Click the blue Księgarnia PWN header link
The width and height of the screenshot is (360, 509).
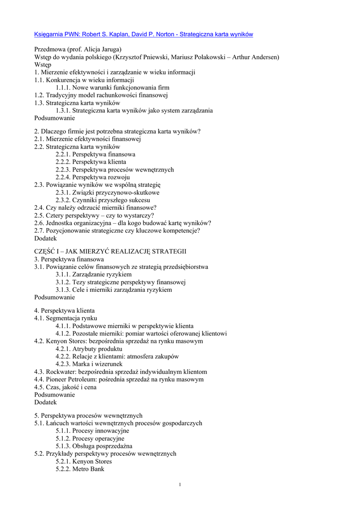144,34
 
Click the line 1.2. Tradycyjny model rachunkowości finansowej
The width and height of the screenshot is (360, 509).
101,95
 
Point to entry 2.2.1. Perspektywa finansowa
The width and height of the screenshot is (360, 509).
95,154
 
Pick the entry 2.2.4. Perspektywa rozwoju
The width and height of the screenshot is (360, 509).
93,177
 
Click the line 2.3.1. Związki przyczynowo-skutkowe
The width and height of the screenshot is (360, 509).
107,192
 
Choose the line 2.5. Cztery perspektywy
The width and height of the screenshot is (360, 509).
94,215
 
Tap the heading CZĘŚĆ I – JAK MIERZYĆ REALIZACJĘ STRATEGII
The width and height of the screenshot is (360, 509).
110,252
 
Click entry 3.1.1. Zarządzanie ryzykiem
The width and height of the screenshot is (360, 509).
93,274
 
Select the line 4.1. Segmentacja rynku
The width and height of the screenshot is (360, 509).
66,318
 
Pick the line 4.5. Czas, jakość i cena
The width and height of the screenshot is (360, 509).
65,387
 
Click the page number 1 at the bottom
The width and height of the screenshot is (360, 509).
180,485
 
